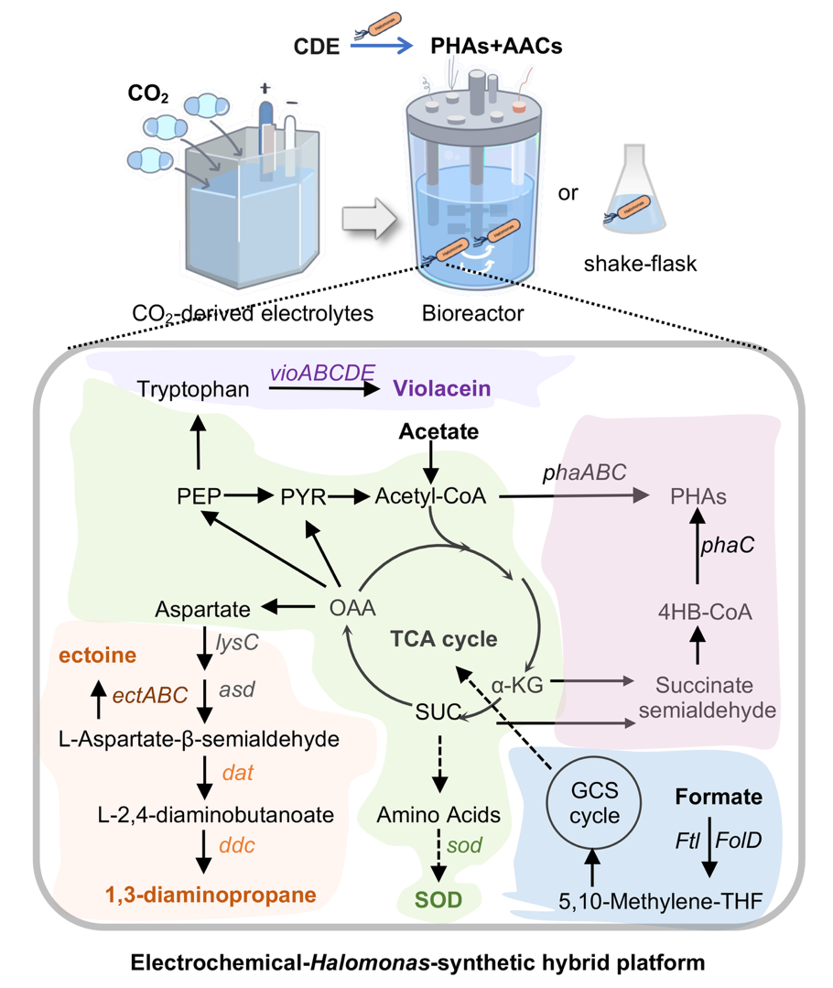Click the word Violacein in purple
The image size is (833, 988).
(443, 388)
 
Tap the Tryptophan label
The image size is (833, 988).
(193, 389)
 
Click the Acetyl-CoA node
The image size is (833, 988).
(429, 496)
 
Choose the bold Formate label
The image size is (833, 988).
(719, 798)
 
